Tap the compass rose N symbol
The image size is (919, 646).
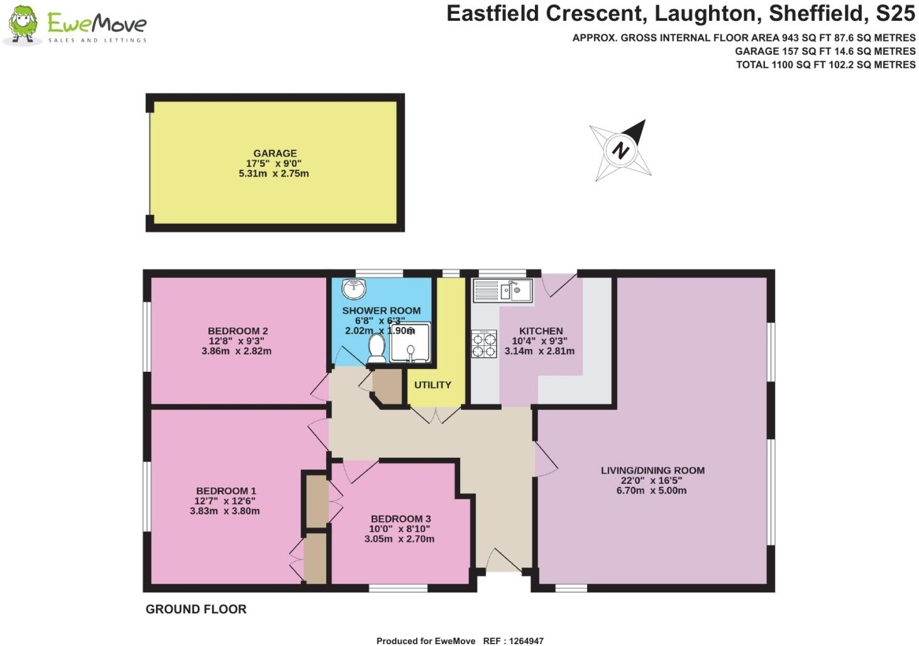pyautogui.click(x=620, y=150)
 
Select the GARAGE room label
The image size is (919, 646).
pyautogui.click(x=275, y=153)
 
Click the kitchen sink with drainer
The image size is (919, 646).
pyautogui.click(x=503, y=291)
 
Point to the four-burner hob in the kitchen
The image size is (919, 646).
pyautogui.click(x=484, y=344)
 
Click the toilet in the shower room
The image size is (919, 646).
pyautogui.click(x=377, y=348)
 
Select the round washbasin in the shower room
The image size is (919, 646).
pyautogui.click(x=354, y=290)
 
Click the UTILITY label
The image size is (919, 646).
pyautogui.click(x=432, y=384)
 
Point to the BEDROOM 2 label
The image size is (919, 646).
pyautogui.click(x=238, y=331)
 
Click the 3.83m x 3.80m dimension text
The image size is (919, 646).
pyautogui.click(x=224, y=511)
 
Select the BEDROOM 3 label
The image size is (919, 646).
pyautogui.click(x=400, y=519)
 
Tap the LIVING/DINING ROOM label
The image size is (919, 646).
pyautogui.click(x=652, y=471)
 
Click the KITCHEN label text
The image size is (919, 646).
pyautogui.click(x=541, y=331)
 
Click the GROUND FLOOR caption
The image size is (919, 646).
pyautogui.click(x=196, y=609)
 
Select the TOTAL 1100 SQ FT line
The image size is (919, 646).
pyautogui.click(x=825, y=64)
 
